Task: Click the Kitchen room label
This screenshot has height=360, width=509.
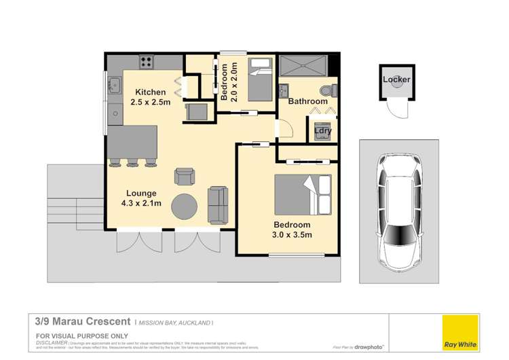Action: pos(150,92)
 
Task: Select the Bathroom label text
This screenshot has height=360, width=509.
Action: pos(308,101)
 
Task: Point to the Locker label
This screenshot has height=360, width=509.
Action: pos(396,79)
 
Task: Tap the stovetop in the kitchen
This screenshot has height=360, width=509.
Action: pos(146,62)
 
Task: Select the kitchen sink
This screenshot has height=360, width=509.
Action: pos(114,86)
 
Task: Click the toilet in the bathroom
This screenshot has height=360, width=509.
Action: pos(327,90)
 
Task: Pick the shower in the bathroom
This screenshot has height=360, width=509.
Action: pos(303,66)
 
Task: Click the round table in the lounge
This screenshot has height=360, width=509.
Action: pos(185,206)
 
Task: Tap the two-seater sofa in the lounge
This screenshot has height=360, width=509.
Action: pos(219,205)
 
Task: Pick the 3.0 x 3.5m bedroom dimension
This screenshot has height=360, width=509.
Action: pos(293,235)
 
